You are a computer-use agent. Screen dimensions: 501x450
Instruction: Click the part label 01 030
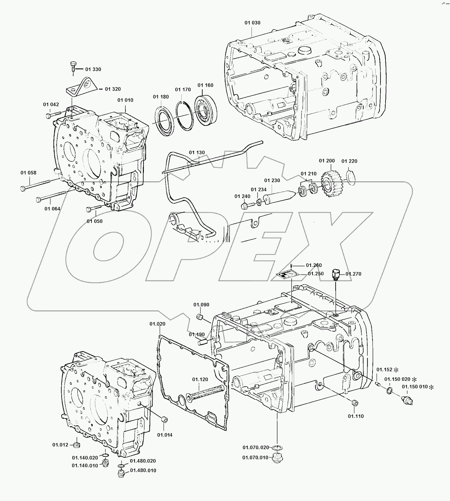(x=252, y=23)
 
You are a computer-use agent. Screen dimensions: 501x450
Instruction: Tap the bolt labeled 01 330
(x=73, y=66)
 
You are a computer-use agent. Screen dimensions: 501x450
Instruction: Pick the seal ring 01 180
(x=165, y=119)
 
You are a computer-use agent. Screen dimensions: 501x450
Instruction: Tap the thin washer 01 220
(x=350, y=178)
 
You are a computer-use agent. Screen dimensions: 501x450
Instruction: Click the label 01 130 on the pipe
(x=197, y=153)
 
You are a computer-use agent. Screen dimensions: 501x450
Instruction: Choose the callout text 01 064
(x=52, y=209)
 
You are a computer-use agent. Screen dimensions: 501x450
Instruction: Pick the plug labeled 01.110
(x=355, y=403)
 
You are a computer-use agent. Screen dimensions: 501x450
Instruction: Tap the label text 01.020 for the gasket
(x=158, y=324)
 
